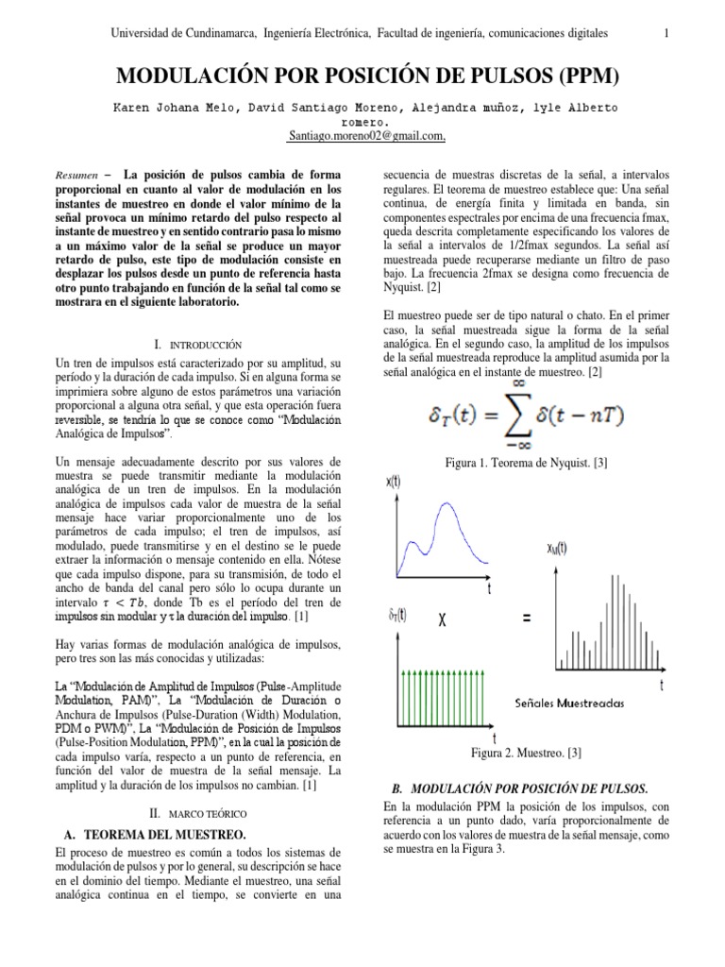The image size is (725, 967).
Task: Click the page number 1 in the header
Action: [666, 34]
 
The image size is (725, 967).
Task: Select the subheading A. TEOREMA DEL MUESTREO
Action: [161, 834]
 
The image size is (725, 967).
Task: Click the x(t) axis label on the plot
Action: [393, 483]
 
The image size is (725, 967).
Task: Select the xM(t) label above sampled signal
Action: [558, 547]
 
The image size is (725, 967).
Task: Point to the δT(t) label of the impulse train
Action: [397, 615]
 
